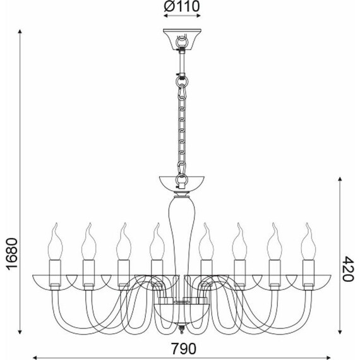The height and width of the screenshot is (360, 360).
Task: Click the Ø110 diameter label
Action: tap(182, 6)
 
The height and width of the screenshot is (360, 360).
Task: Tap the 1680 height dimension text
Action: tap(11, 255)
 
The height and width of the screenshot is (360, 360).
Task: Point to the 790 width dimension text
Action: tap(184, 348)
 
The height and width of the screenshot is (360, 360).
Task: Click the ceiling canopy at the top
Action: tap(182, 39)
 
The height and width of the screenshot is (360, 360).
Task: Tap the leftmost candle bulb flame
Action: tap(56, 241)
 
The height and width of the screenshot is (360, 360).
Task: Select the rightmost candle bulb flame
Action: tap(308, 241)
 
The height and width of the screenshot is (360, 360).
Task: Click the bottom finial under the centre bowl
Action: tap(182, 328)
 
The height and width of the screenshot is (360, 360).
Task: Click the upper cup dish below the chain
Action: tap(182, 183)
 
